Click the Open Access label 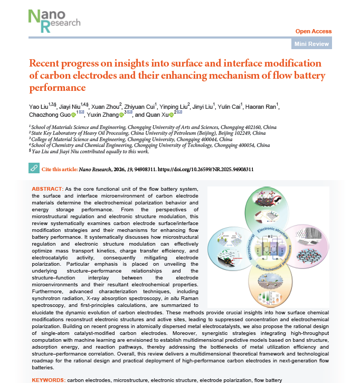314,32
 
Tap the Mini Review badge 312,44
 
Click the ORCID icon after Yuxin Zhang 120,115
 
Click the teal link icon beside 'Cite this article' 33,169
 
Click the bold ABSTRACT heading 47,189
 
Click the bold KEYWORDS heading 48,380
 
